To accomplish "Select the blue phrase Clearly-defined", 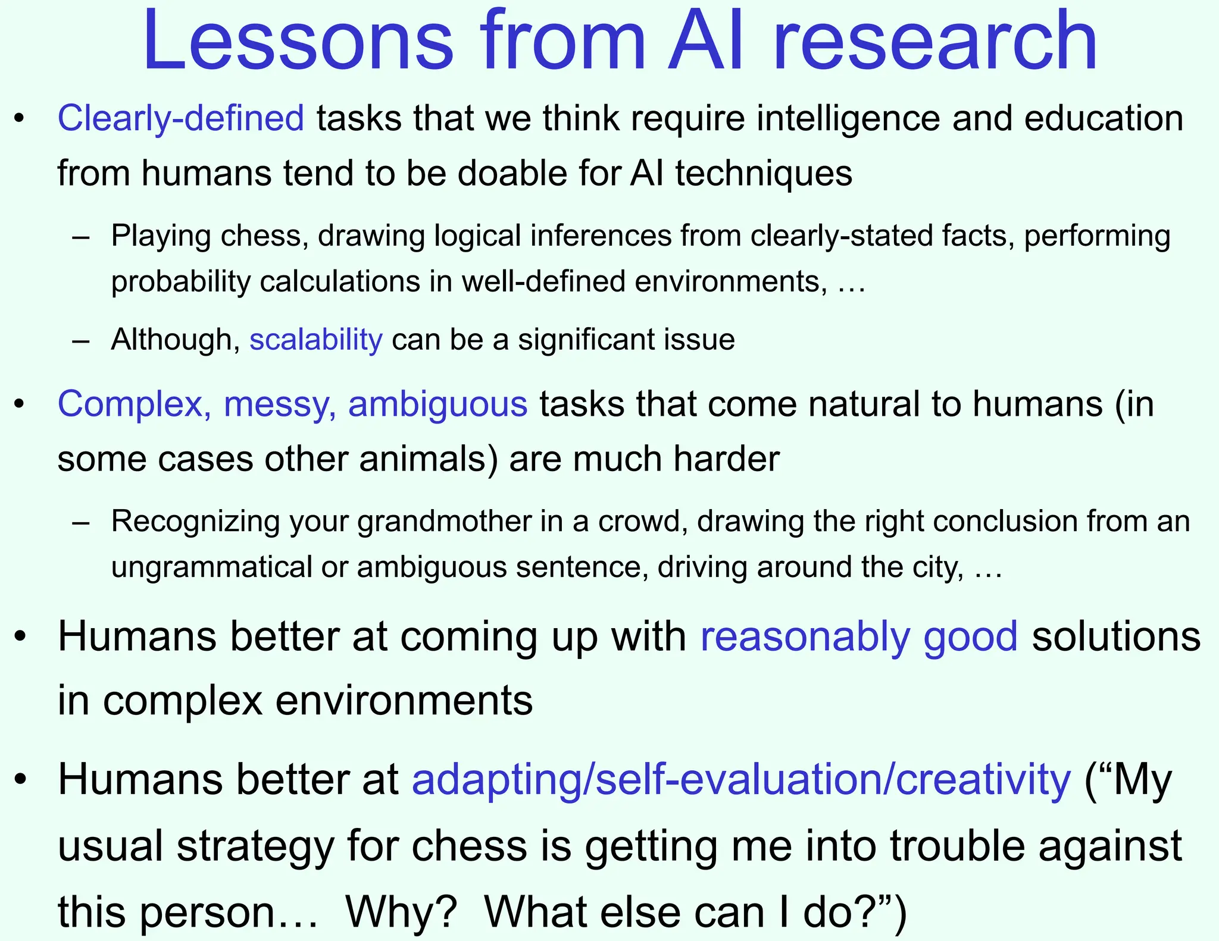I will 180,118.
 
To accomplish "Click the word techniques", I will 763,173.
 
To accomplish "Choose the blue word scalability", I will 315,340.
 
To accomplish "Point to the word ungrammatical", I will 211,567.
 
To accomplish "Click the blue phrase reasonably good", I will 859,636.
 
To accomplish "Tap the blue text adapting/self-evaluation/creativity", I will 741,779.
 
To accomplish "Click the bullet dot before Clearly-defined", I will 20,118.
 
